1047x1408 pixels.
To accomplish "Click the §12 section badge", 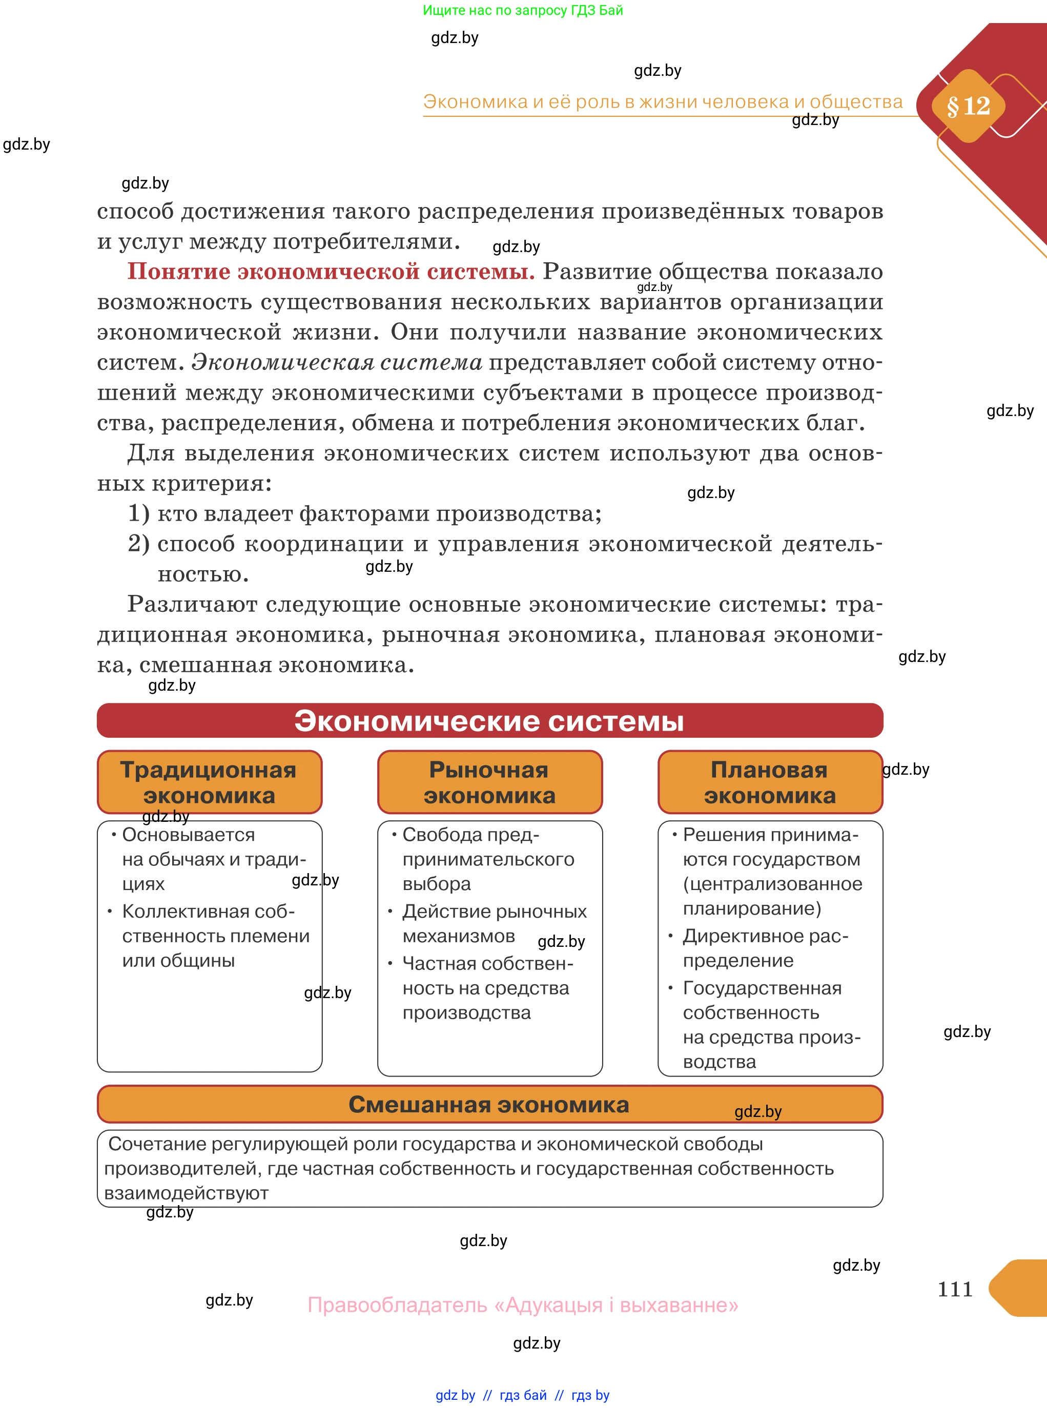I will coord(968,106).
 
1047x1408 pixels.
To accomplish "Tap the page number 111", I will coord(954,1289).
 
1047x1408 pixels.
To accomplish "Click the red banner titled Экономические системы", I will coord(489,720).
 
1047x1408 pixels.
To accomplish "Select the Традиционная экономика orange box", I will coord(209,782).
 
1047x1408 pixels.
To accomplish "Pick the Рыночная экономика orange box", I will coord(489,782).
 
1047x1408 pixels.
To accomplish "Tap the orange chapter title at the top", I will coord(662,101).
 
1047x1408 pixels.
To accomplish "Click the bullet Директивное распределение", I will coord(765,948).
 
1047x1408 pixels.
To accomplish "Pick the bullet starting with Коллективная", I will coord(215,935).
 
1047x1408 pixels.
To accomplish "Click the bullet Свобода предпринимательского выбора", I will coord(487,859).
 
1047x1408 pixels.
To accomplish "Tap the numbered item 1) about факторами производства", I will coord(364,513).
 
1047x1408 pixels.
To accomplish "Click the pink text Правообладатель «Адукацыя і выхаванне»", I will coord(523,1305).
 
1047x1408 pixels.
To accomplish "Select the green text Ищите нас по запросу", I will coord(523,10).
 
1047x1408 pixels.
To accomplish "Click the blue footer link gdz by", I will coord(455,1395).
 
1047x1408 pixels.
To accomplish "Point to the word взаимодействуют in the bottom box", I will coord(187,1193).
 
